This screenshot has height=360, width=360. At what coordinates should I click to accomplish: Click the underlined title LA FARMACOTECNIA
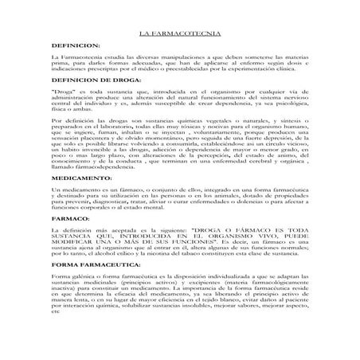(179, 37)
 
